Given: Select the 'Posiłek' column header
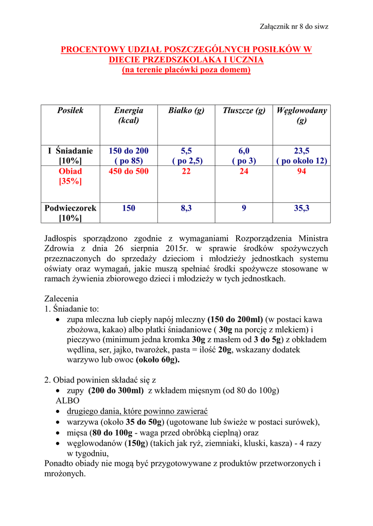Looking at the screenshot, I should tap(70, 110).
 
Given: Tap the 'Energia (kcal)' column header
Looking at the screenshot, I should tap(129, 115).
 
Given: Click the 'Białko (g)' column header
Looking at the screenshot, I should tap(186, 110).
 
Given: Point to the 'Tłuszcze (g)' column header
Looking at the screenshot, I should tap(244, 110).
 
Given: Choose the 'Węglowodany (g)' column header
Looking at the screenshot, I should tap(301, 115).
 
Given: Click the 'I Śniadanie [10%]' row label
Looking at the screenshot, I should tap(70, 156).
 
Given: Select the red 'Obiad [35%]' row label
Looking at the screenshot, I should tap(70, 176).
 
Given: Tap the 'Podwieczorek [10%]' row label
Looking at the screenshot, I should tap(70, 213).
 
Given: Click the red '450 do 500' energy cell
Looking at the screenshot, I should tap(129, 172).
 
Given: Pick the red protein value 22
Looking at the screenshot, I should tap(186, 172).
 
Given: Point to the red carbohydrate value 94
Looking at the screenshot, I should tap(301, 172).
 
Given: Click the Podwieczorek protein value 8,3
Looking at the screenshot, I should tap(186, 208).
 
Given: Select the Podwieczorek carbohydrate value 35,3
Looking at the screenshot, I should tap(301, 208).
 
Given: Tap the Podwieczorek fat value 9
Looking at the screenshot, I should tap(244, 208).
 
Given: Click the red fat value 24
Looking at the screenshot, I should tap(244, 172).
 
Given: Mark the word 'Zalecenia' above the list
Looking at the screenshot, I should tap(62, 298).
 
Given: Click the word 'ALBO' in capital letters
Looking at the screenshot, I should tap(67, 401).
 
